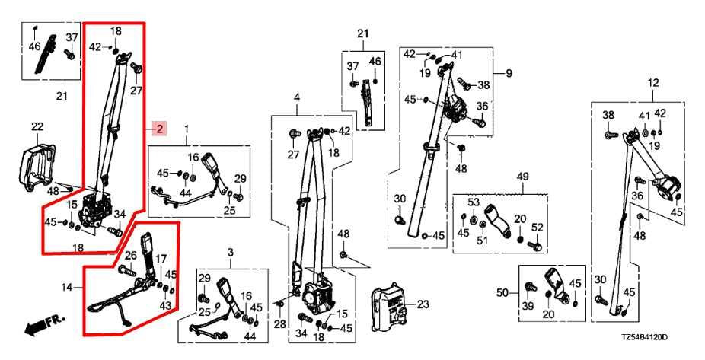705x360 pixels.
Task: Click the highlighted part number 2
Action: pyautogui.click(x=160, y=129)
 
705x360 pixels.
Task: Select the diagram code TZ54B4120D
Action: pyautogui.click(x=644, y=337)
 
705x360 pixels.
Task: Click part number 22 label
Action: pyautogui.click(x=37, y=127)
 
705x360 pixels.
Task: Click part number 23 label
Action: pyautogui.click(x=423, y=304)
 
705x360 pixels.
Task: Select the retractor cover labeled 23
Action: pyautogui.click(x=389, y=304)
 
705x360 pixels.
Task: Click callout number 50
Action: pyautogui.click(x=502, y=294)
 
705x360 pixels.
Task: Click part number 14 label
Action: pyautogui.click(x=66, y=286)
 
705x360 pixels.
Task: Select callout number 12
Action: pyautogui.click(x=652, y=83)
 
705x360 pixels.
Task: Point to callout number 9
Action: pyautogui.click(x=509, y=73)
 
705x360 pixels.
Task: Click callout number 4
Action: pyautogui.click(x=297, y=97)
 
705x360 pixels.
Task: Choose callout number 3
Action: pyautogui.click(x=231, y=253)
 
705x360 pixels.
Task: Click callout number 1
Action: pyautogui.click(x=187, y=129)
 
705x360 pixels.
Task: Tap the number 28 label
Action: pyautogui.click(x=279, y=323)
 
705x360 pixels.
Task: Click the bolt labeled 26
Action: pyautogui.click(x=127, y=270)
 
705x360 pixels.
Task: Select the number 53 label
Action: pyautogui.click(x=474, y=202)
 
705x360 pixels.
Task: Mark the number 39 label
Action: pyautogui.click(x=528, y=306)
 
